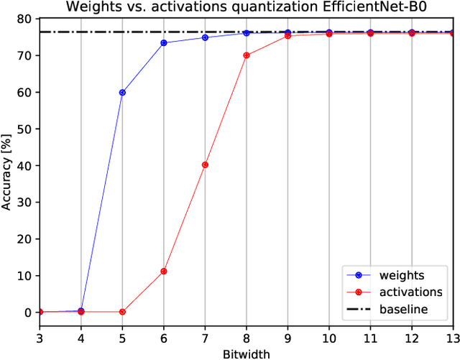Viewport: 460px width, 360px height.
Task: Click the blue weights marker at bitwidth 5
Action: pos(122,93)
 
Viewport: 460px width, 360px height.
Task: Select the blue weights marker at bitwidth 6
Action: pos(164,43)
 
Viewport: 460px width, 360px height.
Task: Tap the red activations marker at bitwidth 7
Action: pos(205,165)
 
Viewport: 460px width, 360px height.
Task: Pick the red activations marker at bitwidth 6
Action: pos(164,272)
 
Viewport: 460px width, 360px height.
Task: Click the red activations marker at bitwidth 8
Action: pos(247,55)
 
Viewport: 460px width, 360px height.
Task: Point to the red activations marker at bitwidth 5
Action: pos(122,312)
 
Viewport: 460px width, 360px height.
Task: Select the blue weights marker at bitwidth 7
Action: pos(205,37)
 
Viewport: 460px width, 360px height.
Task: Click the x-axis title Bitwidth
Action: pos(247,354)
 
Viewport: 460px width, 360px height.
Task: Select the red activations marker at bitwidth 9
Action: pos(287,35)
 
